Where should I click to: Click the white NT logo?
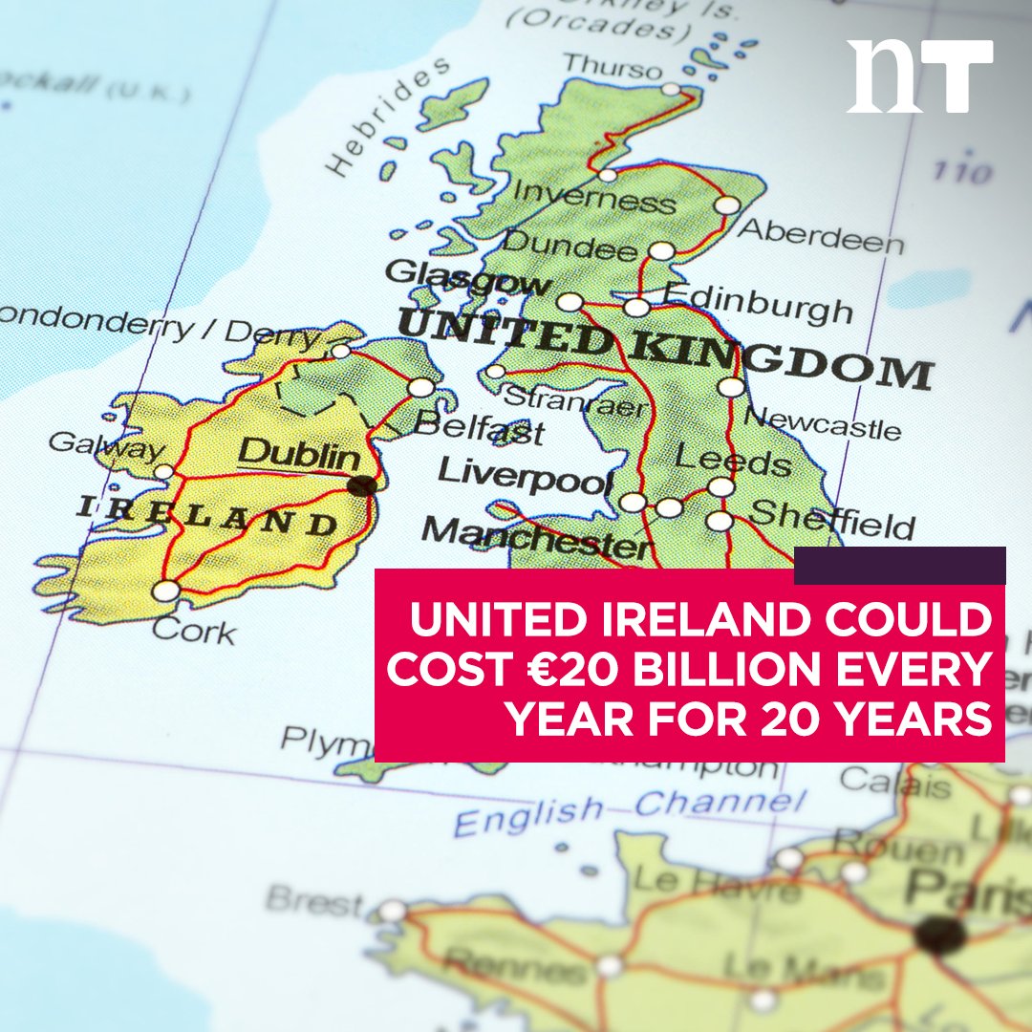click(x=919, y=76)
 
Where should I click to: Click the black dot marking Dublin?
click(x=361, y=485)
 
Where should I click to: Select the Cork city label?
click(x=194, y=630)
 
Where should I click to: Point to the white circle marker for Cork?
click(x=165, y=591)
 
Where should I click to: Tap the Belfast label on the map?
click(x=480, y=426)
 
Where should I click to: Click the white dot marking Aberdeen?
click(x=727, y=204)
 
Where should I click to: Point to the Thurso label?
click(x=612, y=68)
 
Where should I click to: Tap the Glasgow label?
click(x=468, y=276)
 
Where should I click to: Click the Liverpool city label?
click(x=525, y=475)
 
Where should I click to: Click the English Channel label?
click(x=631, y=808)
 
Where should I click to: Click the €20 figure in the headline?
click(x=577, y=670)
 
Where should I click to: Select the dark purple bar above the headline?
click(x=899, y=565)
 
